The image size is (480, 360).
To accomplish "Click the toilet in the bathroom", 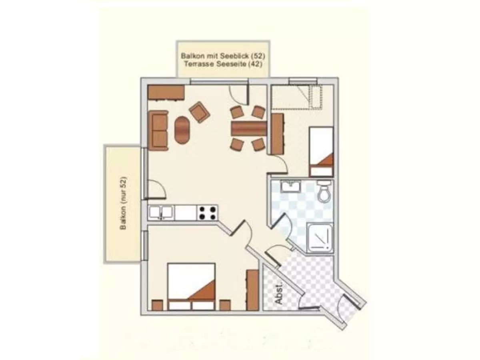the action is [x=324, y=191].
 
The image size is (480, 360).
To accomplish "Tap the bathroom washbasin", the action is [x=290, y=186].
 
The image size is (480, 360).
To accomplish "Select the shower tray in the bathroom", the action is [x=320, y=238].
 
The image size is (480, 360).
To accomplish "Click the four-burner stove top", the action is [x=207, y=213].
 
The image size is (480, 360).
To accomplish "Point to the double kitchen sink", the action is [x=161, y=212].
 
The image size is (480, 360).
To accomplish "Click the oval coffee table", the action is [x=182, y=130].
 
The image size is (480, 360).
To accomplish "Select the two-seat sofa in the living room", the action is [x=158, y=130].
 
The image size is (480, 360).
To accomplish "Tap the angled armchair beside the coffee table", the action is [x=200, y=112].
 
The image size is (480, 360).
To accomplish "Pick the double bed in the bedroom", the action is [x=191, y=287].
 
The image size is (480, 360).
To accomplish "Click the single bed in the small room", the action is [x=321, y=152].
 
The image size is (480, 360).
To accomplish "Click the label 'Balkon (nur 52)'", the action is [x=123, y=203].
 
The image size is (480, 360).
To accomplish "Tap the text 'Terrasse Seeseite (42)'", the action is [x=223, y=64].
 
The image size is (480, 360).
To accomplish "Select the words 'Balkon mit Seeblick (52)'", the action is [x=223, y=56].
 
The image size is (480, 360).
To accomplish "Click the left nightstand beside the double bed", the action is [x=158, y=305].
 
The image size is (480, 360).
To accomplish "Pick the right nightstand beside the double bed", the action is [x=225, y=305].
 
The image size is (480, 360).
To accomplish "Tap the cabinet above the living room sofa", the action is [x=166, y=93].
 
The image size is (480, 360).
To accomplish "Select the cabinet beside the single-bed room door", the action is [x=277, y=134].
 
